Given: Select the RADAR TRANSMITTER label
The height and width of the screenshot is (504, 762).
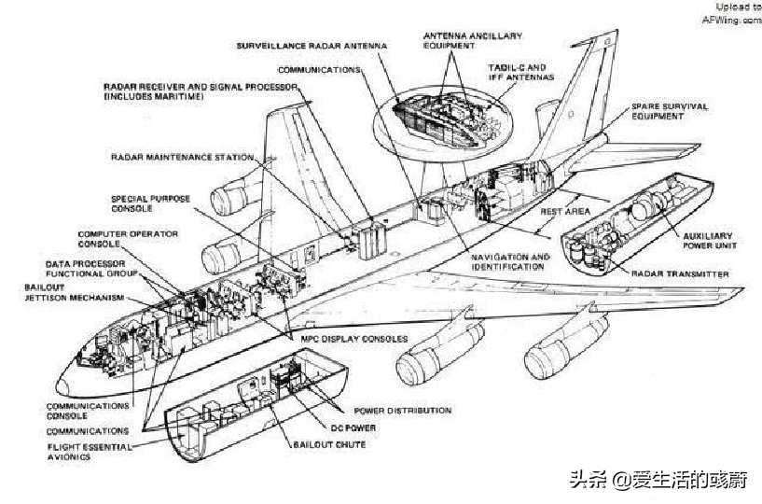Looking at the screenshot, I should [680, 273].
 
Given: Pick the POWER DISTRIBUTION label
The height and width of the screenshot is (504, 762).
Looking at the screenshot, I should [403, 411].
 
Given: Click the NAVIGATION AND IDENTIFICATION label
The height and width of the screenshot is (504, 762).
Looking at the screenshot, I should [510, 261].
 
